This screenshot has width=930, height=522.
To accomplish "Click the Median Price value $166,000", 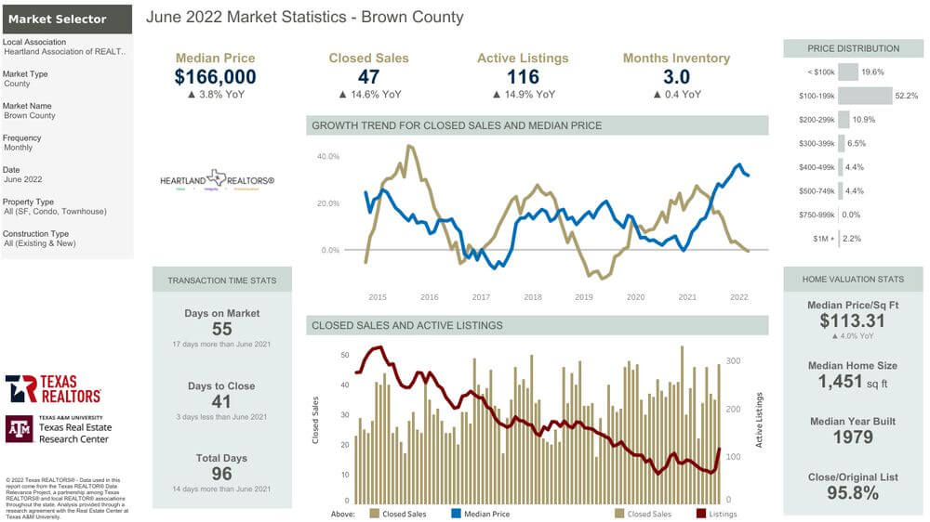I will click(x=215, y=77).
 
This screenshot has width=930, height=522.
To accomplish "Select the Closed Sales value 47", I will click(x=368, y=77).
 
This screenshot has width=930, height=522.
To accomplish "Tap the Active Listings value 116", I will click(x=523, y=77).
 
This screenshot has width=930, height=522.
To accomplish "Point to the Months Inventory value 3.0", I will click(x=676, y=77).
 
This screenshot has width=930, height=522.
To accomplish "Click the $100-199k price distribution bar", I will click(x=865, y=96).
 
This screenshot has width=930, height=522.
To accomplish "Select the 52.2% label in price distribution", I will click(x=906, y=96).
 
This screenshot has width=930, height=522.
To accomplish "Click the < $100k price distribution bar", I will click(x=847, y=72).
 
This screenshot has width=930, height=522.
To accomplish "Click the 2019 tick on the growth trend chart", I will click(x=584, y=297).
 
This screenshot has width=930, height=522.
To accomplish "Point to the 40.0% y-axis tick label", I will click(x=328, y=156).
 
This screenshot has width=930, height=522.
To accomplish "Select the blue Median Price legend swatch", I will click(x=457, y=513).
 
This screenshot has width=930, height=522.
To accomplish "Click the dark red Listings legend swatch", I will click(x=700, y=513).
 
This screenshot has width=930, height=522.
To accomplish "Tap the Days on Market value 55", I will click(x=221, y=329).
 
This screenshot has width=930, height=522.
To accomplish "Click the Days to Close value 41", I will click(x=221, y=401).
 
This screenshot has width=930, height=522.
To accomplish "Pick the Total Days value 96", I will click(x=221, y=473).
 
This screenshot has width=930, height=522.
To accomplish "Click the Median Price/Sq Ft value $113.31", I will click(x=853, y=320).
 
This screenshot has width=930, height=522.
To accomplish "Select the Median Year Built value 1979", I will click(x=853, y=437).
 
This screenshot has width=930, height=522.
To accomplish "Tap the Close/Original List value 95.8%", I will click(x=853, y=492).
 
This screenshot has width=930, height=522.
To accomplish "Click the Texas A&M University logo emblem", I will click(x=19, y=428).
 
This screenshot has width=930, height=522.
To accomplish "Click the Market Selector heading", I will click(x=57, y=19).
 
